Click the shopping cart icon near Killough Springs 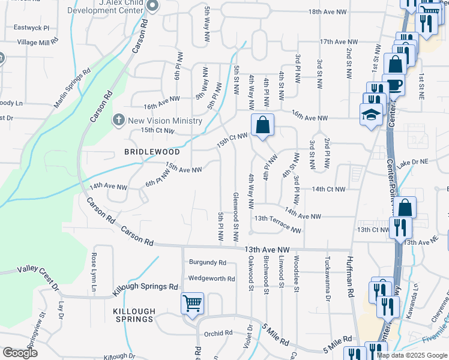tap(192, 303)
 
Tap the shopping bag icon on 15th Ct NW tap(262, 125)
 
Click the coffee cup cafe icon tap(394, 85)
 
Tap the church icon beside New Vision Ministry tap(119, 121)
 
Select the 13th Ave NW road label tap(267, 249)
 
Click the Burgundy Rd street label tap(207, 262)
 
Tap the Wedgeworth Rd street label tap(211, 278)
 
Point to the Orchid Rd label tap(218, 333)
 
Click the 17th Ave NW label tap(339, 42)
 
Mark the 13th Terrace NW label tap(277, 223)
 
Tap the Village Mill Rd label tap(38, 42)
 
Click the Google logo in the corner tap(20, 353)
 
